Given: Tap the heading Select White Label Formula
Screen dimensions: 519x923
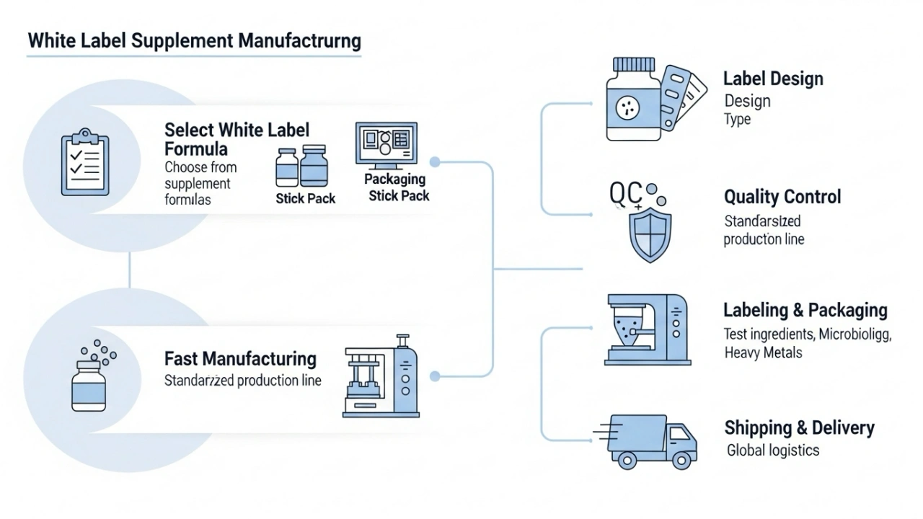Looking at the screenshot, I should click(237, 139).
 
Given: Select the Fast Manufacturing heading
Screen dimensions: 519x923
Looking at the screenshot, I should click(240, 358).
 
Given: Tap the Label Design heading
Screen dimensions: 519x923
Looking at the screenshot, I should click(773, 79).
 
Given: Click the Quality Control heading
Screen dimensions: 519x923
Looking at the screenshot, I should click(782, 197).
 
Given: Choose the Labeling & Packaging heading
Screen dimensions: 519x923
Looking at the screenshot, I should click(805, 310).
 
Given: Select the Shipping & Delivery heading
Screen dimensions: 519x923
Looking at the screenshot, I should click(799, 427).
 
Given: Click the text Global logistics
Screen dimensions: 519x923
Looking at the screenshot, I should click(773, 451).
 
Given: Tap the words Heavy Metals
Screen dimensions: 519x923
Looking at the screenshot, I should click(763, 353).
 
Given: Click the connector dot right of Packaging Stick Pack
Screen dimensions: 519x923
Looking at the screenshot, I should click(435, 162).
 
